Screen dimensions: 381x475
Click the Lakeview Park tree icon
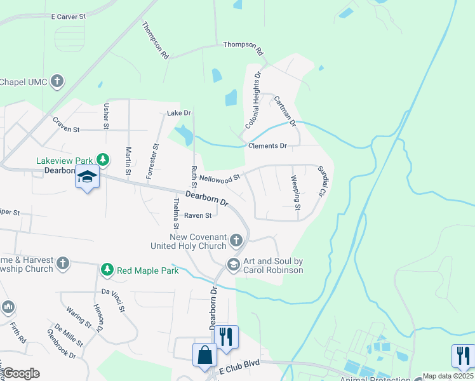coord(102,159)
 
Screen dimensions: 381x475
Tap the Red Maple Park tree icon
coord(107,271)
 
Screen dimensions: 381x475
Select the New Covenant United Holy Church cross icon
coord(236,240)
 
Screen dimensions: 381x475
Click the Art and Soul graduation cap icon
coord(233,264)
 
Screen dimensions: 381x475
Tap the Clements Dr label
coord(267,146)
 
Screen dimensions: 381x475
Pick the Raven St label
coord(197,216)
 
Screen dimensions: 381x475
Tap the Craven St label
coord(66,129)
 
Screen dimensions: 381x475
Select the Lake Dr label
coord(179,113)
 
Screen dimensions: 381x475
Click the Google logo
coord(20,373)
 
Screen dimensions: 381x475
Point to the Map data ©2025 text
coord(448,376)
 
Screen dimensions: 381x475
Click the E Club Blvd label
coord(240,369)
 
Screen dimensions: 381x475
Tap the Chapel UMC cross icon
coord(57,81)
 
